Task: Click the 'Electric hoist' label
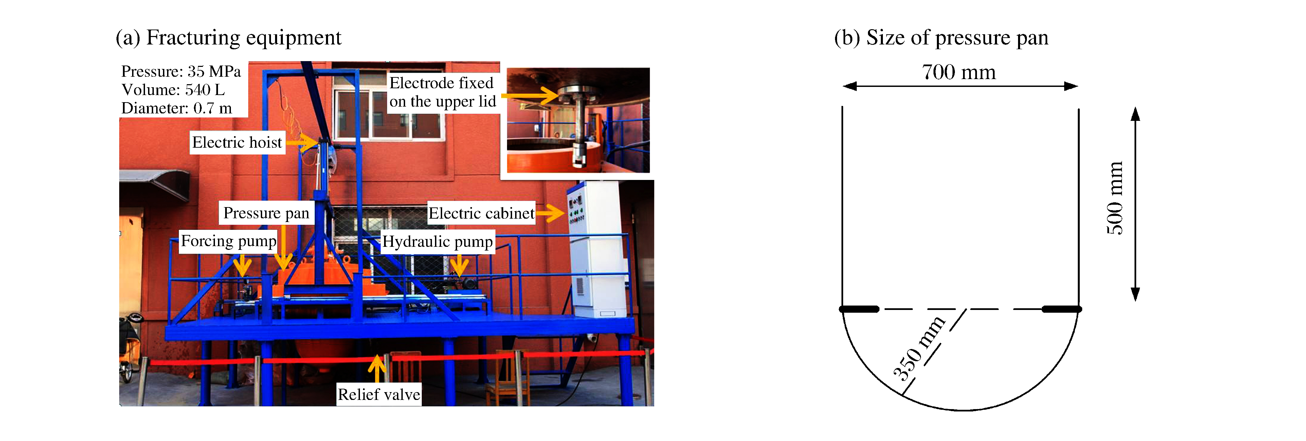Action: (x=237, y=143)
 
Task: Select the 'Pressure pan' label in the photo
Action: (x=266, y=213)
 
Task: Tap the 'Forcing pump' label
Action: (x=229, y=241)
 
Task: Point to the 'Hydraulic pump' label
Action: (x=437, y=242)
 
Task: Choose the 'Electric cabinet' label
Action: (x=481, y=214)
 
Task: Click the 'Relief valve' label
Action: (x=379, y=394)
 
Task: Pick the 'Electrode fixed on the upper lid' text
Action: (x=442, y=92)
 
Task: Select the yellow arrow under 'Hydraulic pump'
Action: (x=459, y=264)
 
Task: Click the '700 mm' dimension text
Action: (x=959, y=72)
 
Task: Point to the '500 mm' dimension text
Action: (x=1114, y=198)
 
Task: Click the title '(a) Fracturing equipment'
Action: (x=229, y=37)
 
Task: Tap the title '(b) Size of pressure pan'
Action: (x=941, y=37)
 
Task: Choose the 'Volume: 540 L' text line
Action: (x=173, y=90)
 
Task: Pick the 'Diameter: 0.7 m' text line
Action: (x=177, y=108)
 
